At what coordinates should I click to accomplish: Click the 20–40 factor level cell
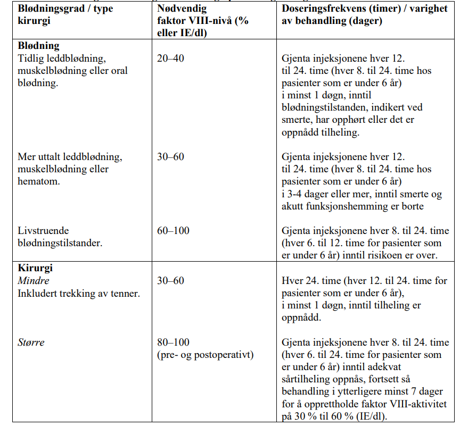tap(170, 58)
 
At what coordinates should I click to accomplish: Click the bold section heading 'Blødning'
tap(38, 46)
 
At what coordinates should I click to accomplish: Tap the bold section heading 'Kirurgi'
tap(36, 269)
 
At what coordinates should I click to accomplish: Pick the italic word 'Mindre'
tap(33, 280)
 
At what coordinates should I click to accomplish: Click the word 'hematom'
tap(39, 181)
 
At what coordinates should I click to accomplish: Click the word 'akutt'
tap(294, 206)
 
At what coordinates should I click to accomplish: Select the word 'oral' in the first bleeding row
tap(119, 70)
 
